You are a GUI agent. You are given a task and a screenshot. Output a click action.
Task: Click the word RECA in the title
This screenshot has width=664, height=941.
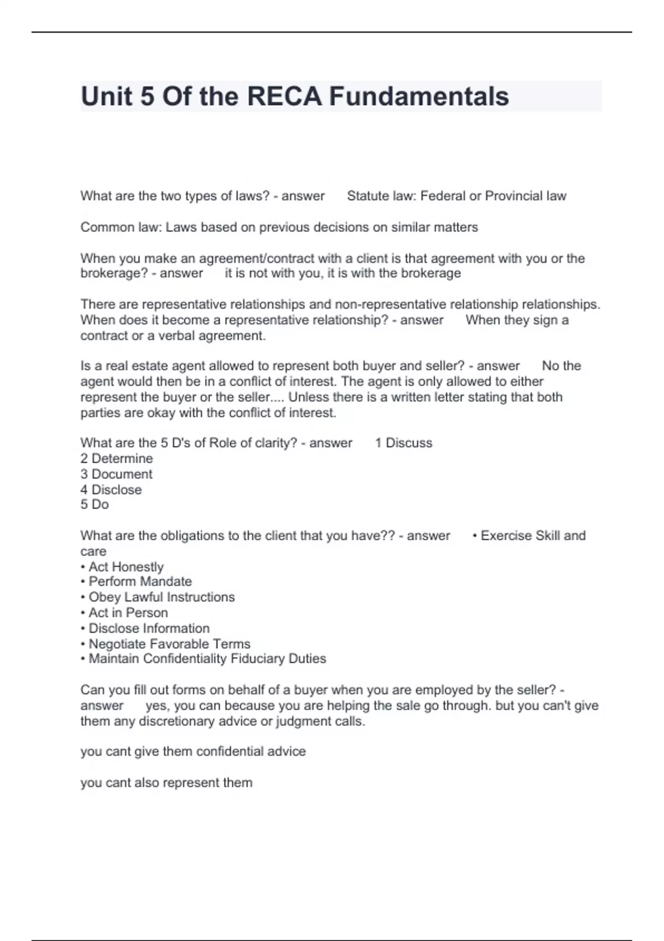[x=284, y=96]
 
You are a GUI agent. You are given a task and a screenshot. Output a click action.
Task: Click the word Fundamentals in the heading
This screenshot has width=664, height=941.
[x=419, y=96]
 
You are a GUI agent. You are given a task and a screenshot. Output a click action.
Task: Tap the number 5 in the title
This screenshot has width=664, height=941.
[x=147, y=96]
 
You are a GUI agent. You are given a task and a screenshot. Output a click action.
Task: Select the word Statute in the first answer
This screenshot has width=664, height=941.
[x=367, y=196]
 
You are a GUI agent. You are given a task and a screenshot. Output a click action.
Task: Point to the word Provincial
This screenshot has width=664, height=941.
[x=513, y=196]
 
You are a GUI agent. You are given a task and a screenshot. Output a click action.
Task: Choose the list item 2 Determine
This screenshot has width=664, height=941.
[x=116, y=458]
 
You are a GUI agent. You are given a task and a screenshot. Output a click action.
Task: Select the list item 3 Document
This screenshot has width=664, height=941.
[x=116, y=474]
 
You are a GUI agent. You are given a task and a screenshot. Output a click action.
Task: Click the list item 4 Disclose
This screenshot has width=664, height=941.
[x=111, y=490]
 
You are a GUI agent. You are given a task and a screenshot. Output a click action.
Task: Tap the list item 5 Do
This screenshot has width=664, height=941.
[x=95, y=504]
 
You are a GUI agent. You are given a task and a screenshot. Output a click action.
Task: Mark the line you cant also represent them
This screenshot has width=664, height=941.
[x=166, y=783]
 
